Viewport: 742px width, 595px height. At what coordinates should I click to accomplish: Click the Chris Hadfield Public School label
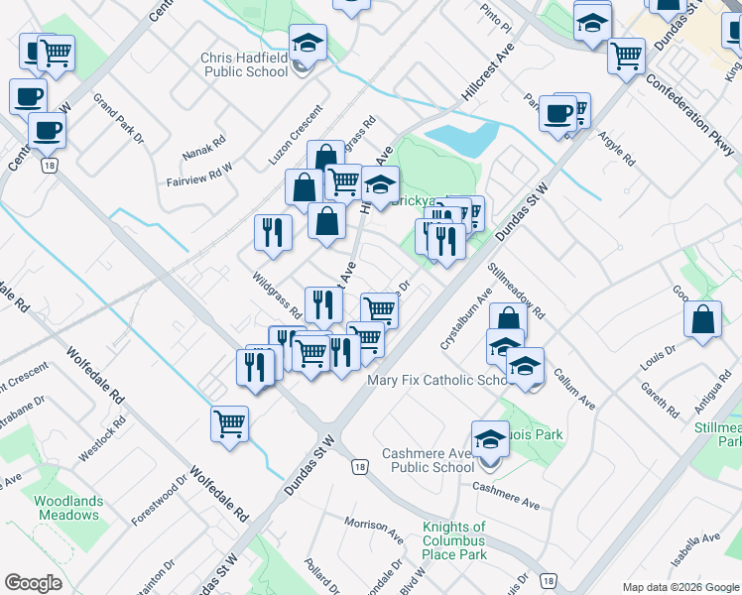click(x=244, y=65)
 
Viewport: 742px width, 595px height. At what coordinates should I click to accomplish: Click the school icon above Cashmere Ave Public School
click(x=490, y=437)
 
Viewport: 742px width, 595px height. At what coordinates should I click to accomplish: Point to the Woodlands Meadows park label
click(x=66, y=508)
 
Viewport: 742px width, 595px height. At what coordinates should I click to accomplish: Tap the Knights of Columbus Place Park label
click(x=453, y=540)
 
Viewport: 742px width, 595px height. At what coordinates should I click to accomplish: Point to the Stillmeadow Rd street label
click(x=517, y=290)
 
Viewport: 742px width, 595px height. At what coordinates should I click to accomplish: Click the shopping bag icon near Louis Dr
click(x=702, y=320)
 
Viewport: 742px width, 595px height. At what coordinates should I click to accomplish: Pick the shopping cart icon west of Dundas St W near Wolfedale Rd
click(x=229, y=423)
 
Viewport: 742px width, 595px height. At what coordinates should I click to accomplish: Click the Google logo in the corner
click(x=33, y=583)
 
